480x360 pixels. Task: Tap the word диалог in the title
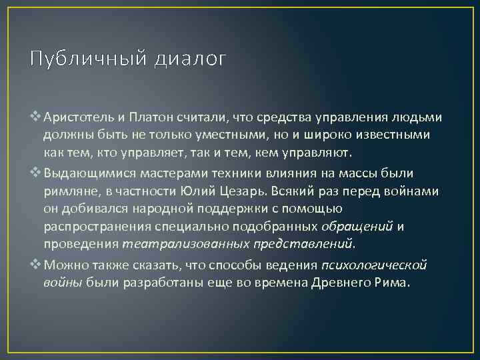190,60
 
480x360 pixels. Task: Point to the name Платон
149,117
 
